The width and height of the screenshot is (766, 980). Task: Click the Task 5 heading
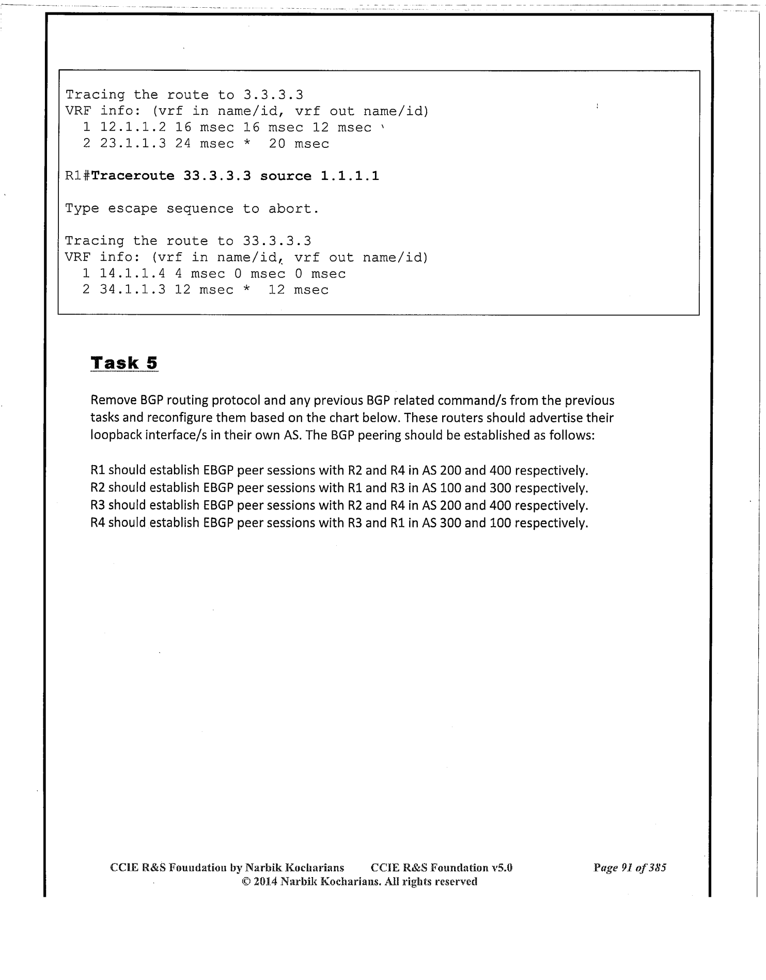pyautogui.click(x=124, y=363)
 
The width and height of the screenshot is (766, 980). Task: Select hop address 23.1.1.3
pyautogui.click(x=133, y=144)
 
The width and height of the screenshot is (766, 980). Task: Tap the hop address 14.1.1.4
pyautogui.click(x=133, y=274)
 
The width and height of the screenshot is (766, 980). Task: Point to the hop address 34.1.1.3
pyautogui.click(x=133, y=290)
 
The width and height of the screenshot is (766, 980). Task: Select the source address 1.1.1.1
pyautogui.click(x=350, y=176)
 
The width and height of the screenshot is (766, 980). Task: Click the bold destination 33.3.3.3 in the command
pyautogui.click(x=217, y=176)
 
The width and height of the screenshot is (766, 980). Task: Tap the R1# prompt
pyautogui.click(x=78, y=176)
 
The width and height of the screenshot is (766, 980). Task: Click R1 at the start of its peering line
pyautogui.click(x=98, y=471)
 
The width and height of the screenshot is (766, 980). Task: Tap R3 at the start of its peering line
pyautogui.click(x=98, y=506)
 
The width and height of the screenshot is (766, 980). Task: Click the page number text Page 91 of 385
pyautogui.click(x=630, y=868)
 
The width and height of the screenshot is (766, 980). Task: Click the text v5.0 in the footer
pyautogui.click(x=502, y=868)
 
